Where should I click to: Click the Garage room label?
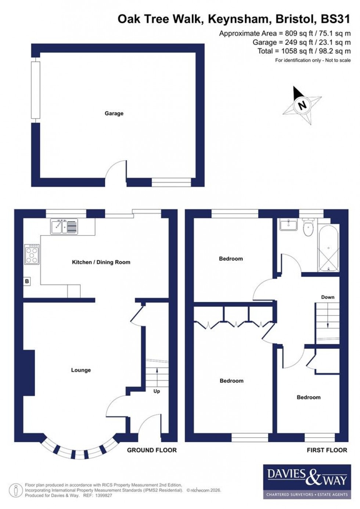tap(114, 114)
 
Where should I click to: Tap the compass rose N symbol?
tap(302, 105)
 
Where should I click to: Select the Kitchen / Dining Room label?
tap(101, 262)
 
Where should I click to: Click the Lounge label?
tap(81, 370)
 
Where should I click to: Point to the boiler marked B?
tap(27, 282)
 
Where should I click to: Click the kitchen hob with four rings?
tap(32, 254)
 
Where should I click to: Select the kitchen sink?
tap(64, 226)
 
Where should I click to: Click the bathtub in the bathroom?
tap(328, 248)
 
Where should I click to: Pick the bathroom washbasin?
tap(288, 225)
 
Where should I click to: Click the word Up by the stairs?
tap(157, 391)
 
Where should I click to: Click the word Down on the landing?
tap(328, 297)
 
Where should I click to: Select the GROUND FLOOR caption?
tap(152, 450)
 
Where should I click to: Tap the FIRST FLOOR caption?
tap(327, 450)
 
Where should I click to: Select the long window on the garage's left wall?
tap(35, 90)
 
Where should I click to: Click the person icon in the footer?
tap(16, 491)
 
